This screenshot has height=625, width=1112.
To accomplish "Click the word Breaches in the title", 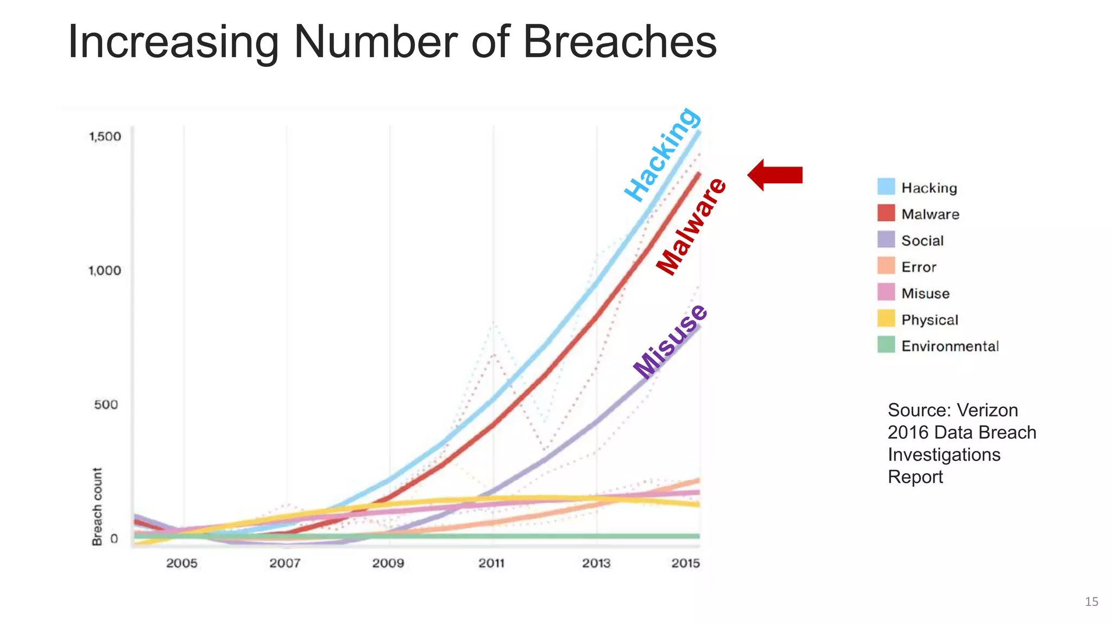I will (619, 42).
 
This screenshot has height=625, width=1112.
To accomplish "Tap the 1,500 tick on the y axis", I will (105, 136).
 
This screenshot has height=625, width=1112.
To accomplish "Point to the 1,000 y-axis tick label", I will (105, 270).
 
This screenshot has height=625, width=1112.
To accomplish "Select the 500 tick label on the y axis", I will (106, 405).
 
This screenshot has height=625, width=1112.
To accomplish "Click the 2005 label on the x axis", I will (182, 563).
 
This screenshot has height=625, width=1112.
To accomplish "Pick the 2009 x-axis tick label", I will (388, 563).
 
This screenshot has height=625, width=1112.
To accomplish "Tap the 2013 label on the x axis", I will (596, 563).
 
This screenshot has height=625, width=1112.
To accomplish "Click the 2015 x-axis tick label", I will (685, 563).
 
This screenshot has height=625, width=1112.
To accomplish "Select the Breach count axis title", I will (97, 507).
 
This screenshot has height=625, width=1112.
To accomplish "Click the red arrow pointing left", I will (775, 175).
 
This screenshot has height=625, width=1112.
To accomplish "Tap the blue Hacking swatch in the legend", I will (886, 187).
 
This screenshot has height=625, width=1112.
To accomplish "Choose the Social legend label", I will (922, 240).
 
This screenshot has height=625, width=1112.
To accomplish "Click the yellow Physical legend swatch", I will (886, 318).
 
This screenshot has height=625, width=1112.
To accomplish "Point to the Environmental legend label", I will (950, 346).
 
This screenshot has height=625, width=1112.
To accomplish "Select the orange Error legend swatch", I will (886, 266).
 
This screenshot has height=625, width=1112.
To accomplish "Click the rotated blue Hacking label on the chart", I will (662, 155).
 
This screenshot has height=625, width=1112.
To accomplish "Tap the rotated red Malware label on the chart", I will (691, 226).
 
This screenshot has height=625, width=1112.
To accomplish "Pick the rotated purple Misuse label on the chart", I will (671, 342).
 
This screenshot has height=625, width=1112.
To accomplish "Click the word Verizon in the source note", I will (987, 410).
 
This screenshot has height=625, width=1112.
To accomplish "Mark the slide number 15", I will (1091, 602).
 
